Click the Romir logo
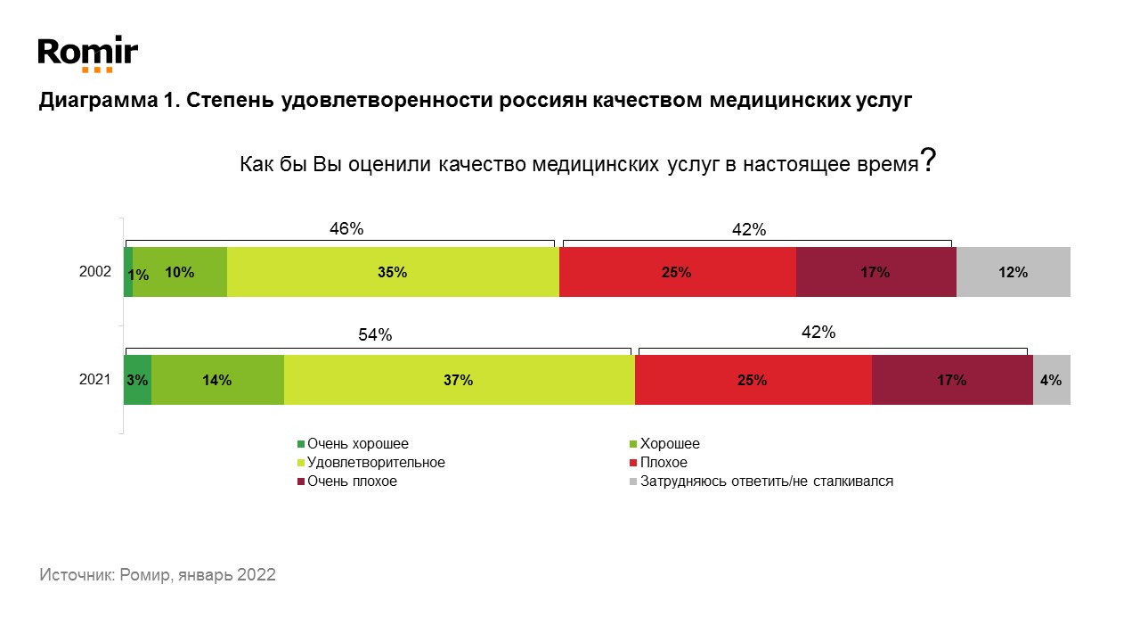87,53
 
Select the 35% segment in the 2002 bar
393,273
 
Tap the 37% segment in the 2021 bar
459,380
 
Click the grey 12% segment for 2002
1013,273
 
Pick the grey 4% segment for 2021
1051,380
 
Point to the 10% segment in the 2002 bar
180,273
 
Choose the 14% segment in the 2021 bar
217,380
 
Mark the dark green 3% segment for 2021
137,380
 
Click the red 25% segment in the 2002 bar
677,273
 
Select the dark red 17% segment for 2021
951,380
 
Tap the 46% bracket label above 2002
346,228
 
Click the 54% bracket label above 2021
375,335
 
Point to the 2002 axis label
94,273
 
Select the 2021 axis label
94,380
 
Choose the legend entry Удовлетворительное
375,463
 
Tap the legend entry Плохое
664,463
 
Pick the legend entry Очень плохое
352,481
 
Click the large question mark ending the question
927,160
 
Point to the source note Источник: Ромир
158,575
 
